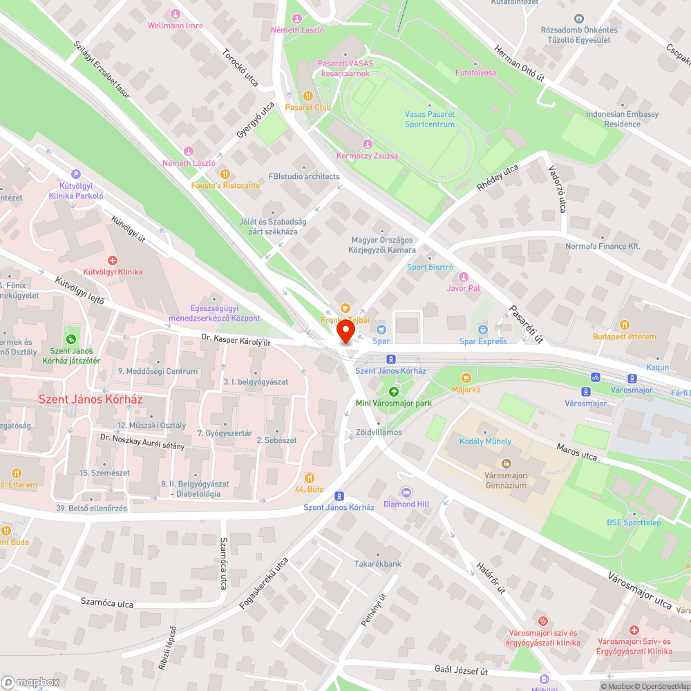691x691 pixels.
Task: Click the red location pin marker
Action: pos(345,333)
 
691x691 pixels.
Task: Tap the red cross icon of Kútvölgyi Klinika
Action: pos(112,259)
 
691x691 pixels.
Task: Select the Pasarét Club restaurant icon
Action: pos(308,96)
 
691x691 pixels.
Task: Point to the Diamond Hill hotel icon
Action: pos(406,492)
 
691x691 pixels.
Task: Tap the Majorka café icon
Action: pos(466,378)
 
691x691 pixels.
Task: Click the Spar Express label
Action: pos(483,341)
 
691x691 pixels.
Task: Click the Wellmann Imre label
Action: pos(176,26)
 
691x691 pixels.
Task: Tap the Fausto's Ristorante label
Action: pos(225,185)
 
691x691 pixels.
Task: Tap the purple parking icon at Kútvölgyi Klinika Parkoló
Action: pos(76,174)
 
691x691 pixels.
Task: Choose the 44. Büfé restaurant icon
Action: pos(310,477)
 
